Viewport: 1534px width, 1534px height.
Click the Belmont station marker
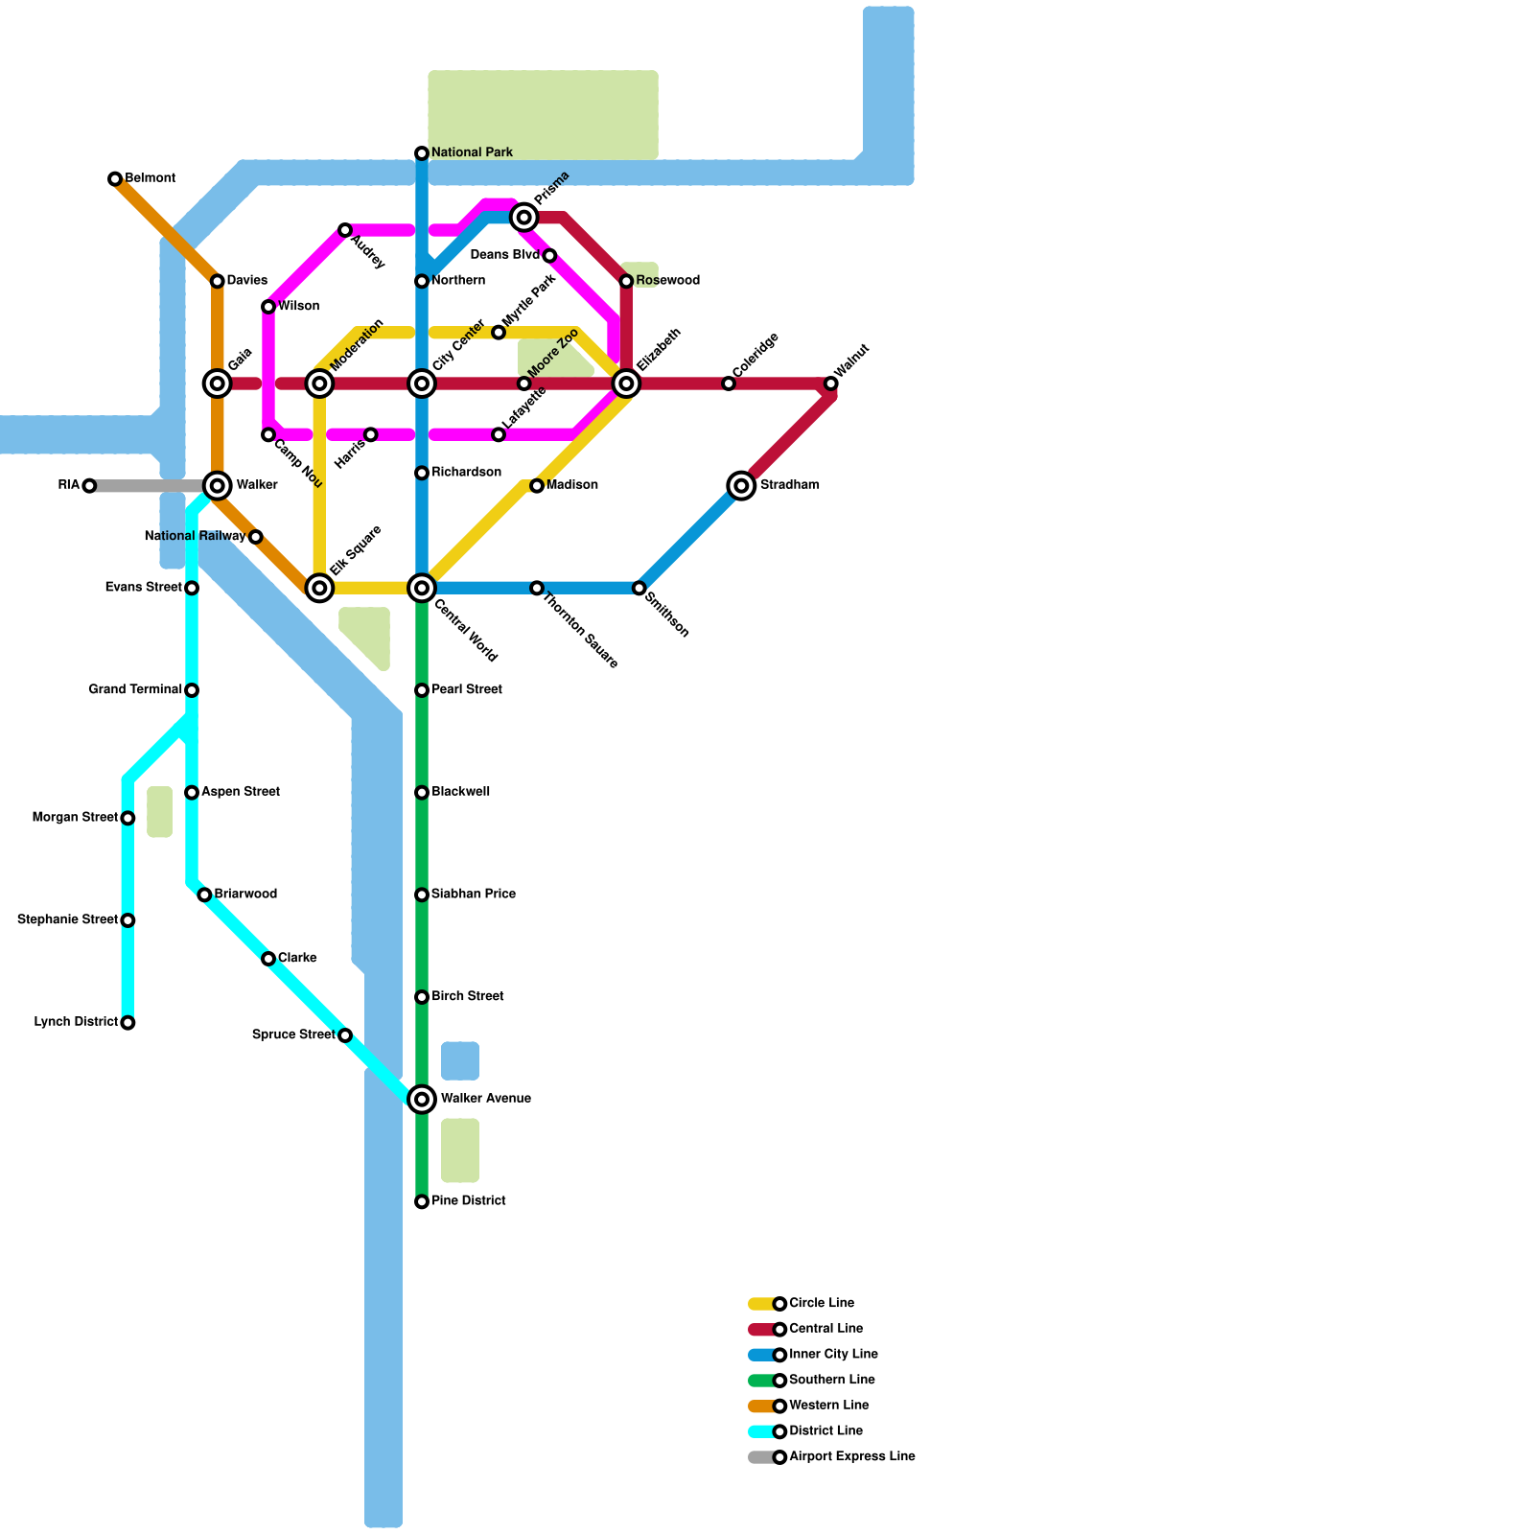coord(115,179)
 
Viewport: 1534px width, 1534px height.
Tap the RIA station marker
coord(89,486)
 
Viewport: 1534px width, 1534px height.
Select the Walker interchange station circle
coord(218,486)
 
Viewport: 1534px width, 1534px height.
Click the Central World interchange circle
coord(422,588)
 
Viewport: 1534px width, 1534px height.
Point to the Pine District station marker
coord(422,1202)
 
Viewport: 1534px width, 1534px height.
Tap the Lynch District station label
coord(76,1022)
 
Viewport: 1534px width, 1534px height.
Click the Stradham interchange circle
coord(741,486)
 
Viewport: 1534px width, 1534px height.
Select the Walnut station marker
coord(831,383)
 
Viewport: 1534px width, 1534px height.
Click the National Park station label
coord(472,152)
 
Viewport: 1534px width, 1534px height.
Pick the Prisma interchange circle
coord(524,218)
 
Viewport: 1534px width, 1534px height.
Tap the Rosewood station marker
coord(626,281)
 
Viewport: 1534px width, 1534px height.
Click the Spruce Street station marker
coord(345,1035)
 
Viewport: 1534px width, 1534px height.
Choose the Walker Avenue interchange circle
coord(422,1100)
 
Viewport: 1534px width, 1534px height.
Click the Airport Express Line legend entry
coord(831,1457)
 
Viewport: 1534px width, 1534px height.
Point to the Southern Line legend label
coord(831,1380)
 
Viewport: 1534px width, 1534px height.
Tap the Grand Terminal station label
coord(135,689)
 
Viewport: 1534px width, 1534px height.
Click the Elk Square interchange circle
coord(319,588)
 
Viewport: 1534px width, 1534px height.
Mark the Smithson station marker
coord(639,588)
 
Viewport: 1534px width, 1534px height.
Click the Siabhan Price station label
coord(474,894)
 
